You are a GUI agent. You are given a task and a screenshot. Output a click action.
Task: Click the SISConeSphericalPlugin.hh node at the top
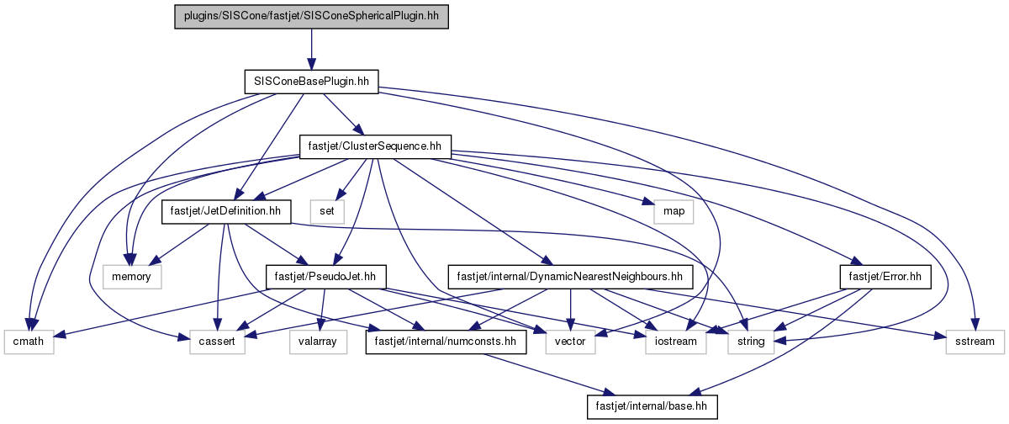311,17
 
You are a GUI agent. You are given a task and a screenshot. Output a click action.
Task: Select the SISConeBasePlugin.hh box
311,82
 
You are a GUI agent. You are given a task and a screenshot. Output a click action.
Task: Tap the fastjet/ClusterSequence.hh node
375,146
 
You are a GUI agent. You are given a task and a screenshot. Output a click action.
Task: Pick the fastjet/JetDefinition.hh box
226,211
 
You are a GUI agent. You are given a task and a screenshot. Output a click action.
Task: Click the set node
327,211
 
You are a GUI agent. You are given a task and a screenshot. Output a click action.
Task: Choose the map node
674,211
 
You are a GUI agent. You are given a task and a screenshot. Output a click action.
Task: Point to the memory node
131,277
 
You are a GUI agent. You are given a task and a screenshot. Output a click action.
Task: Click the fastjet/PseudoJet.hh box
325,277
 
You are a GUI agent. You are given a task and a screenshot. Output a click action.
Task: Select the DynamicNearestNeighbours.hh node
570,277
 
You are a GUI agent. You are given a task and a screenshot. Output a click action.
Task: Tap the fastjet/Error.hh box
885,277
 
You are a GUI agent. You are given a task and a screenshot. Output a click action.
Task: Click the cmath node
29,342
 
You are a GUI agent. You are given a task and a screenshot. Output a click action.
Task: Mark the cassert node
217,342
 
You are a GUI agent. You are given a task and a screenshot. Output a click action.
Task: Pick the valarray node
318,342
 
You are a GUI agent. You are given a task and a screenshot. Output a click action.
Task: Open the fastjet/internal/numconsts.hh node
446,342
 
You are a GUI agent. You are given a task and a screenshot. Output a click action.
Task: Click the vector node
570,342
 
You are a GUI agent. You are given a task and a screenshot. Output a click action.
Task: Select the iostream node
676,342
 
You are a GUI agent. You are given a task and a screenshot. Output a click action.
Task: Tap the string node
751,342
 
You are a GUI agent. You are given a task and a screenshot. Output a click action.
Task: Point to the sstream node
975,342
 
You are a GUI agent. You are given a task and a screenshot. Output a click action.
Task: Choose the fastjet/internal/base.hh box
652,406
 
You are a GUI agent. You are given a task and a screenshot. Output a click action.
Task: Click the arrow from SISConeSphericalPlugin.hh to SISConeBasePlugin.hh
311,49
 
